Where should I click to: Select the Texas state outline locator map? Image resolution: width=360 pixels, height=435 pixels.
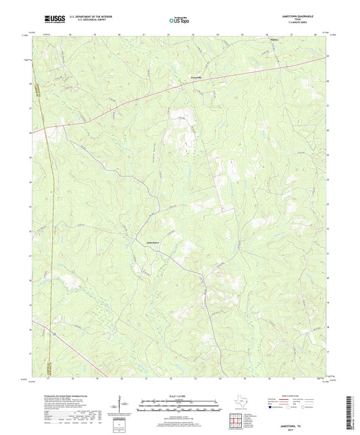(x=240, y=404)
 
